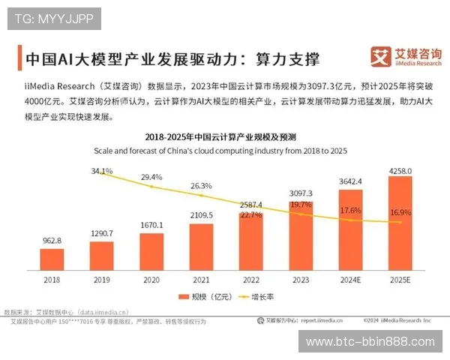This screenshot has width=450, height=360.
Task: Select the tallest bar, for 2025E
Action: point(400,223)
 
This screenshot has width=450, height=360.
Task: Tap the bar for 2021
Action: point(201,246)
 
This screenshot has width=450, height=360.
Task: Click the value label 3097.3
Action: point(301,193)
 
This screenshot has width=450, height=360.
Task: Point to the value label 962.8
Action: point(52,241)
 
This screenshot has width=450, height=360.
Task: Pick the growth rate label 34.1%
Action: point(102,171)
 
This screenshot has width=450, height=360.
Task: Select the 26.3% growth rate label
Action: point(201,185)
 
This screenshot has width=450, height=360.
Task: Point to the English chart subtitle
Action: point(225,150)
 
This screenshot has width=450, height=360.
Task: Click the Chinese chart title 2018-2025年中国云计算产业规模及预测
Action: point(225,137)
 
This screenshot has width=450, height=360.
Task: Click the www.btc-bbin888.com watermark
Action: point(370,342)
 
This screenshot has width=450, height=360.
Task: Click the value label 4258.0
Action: point(400,170)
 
